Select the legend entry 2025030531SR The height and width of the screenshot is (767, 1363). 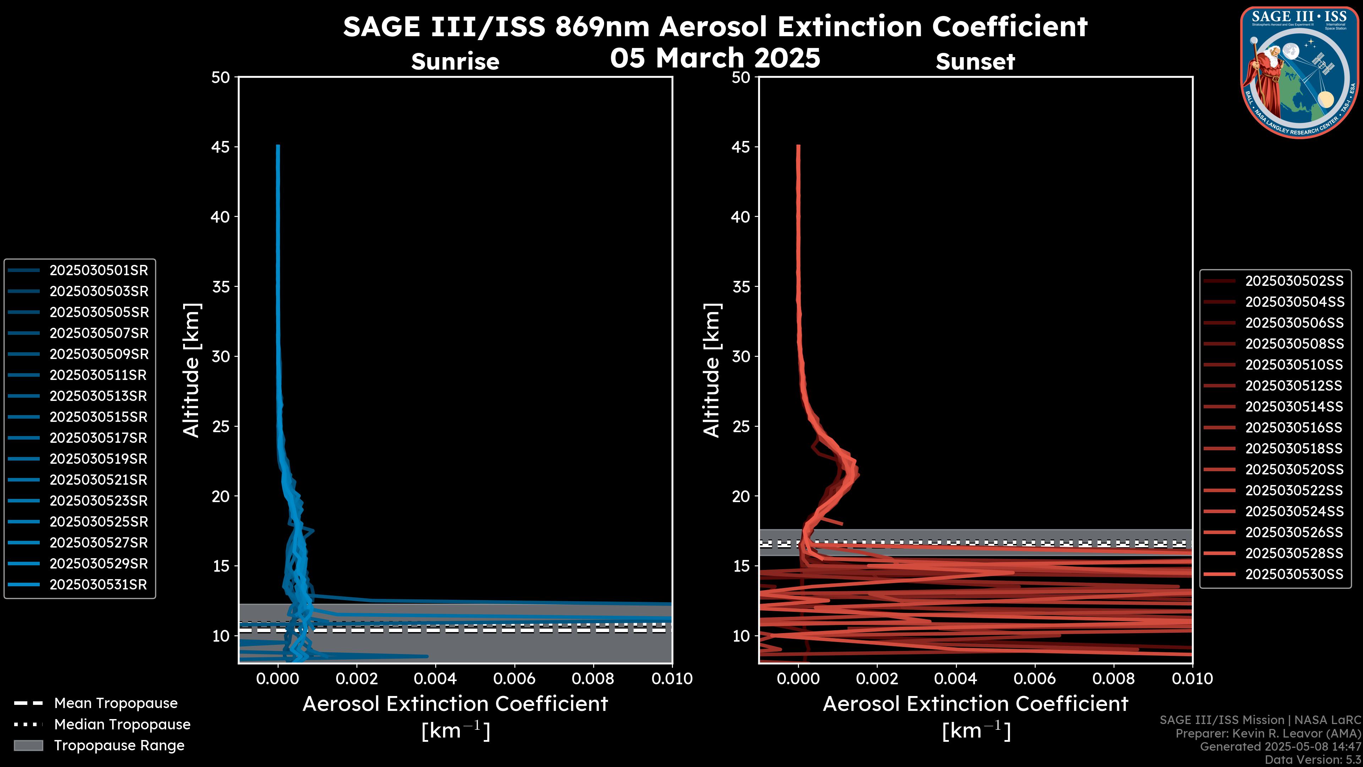pyautogui.click(x=98, y=585)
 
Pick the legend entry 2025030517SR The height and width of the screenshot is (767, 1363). pyautogui.click(x=98, y=438)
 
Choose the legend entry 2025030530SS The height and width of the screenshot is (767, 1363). pyautogui.click(x=1294, y=574)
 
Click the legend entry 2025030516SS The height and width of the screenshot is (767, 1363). pyautogui.click(x=1294, y=428)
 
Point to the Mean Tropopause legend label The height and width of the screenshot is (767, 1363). pyautogui.click(x=116, y=703)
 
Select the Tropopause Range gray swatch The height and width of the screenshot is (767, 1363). pyautogui.click(x=28, y=746)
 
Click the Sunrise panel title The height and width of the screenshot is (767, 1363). pyautogui.click(x=455, y=62)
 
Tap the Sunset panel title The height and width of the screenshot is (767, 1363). pyautogui.click(x=975, y=62)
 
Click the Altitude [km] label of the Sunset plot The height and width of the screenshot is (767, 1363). pyautogui.click(x=712, y=370)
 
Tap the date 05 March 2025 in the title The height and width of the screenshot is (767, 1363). pyautogui.click(x=715, y=58)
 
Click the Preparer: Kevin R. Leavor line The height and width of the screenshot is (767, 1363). pyautogui.click(x=1268, y=734)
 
